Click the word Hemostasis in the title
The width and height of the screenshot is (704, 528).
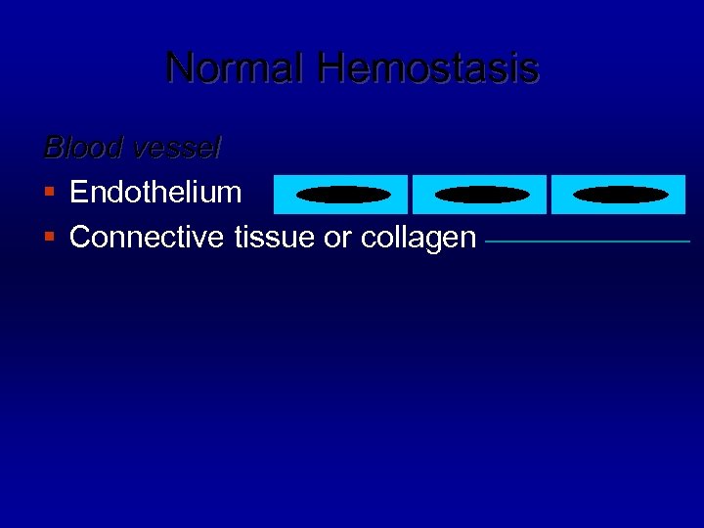(x=428, y=68)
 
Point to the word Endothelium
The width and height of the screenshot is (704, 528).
(x=155, y=192)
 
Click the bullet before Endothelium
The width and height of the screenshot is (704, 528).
(x=51, y=193)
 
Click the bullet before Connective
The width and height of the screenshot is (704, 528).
(x=51, y=238)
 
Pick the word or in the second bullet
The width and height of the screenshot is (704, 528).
(x=337, y=238)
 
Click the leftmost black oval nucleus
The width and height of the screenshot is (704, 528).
(x=342, y=195)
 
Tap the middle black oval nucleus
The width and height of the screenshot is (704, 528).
(x=480, y=195)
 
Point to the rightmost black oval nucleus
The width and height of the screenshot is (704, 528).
(x=620, y=195)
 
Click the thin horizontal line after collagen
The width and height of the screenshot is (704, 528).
(x=587, y=241)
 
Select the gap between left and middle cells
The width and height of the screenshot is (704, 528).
(x=410, y=195)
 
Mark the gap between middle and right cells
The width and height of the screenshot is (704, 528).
(x=549, y=195)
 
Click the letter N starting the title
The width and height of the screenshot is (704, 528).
(x=179, y=68)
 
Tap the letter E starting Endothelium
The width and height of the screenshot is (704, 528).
(x=78, y=192)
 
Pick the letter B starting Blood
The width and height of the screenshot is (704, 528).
(x=53, y=148)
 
